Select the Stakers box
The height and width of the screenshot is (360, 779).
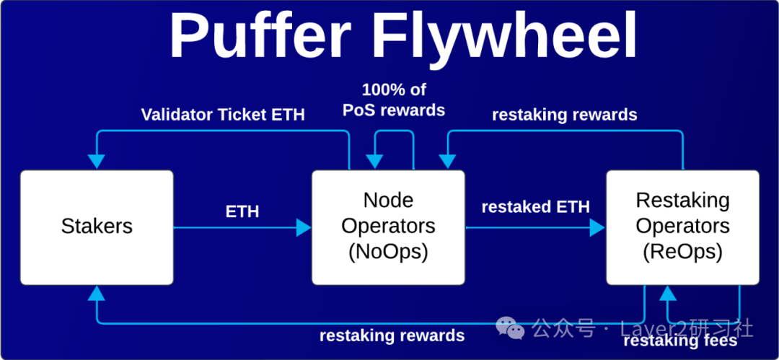point(97,227)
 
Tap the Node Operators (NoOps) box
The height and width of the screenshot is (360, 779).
point(388,227)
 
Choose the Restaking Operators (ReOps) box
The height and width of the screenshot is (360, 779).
point(682,227)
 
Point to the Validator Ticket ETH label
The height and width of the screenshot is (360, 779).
point(223,115)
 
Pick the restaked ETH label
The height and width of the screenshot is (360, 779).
point(535,207)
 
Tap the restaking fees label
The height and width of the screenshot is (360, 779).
point(679,341)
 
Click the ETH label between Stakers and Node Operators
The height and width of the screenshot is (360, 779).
point(242,212)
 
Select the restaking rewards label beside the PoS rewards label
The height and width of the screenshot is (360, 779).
point(564,115)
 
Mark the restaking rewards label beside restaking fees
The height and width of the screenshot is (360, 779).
point(392,335)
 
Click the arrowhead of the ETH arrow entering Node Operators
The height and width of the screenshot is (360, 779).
point(304,228)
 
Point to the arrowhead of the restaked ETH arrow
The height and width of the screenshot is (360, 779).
point(597,228)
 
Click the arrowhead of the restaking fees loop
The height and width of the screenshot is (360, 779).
point(668,293)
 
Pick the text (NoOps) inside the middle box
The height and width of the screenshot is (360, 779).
point(388,253)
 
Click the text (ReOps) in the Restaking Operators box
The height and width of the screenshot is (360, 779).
point(682,253)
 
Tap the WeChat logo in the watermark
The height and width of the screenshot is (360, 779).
point(514,330)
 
